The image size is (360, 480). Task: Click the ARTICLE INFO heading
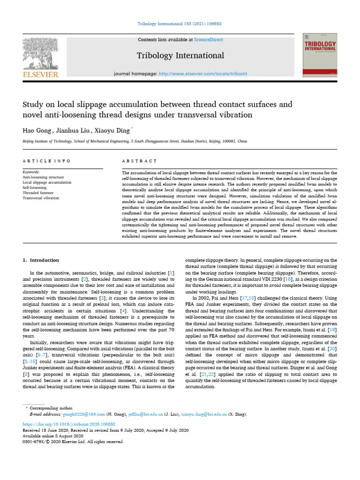(46, 161)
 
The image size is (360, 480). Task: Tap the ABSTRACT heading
(139, 161)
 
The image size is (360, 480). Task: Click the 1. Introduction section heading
(41, 260)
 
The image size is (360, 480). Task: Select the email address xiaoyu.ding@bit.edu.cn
(206, 414)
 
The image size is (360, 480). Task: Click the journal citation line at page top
(180, 23)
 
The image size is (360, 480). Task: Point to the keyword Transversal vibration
(41, 198)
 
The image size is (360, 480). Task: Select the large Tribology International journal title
(180, 56)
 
